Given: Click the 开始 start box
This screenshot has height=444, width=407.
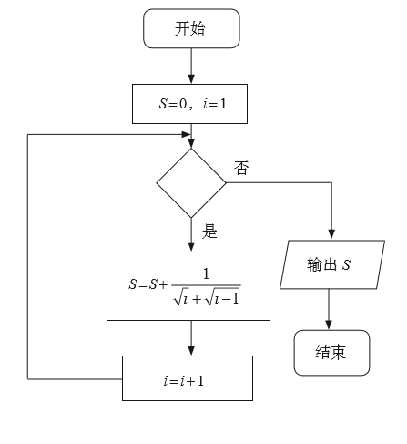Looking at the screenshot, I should [190, 28].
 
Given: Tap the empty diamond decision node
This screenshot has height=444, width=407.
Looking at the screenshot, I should [191, 183].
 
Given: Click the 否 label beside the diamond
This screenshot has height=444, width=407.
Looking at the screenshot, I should [241, 168].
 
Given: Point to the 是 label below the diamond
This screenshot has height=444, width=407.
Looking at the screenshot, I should [209, 232].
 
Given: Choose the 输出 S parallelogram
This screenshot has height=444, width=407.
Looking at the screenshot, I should [330, 264].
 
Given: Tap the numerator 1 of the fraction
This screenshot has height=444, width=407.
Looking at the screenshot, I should [206, 273].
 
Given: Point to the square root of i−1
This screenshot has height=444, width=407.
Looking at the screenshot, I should [222, 297].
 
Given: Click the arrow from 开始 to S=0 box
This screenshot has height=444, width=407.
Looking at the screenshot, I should [191, 65].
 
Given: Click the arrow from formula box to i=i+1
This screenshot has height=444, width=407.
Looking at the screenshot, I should [191, 337].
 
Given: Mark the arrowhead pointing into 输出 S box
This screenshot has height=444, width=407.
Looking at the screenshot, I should [330, 234].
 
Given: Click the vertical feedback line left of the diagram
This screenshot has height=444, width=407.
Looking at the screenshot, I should [28, 255].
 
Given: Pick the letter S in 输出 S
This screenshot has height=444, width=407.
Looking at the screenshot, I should [348, 264].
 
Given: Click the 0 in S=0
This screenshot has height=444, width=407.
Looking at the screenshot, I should [182, 105].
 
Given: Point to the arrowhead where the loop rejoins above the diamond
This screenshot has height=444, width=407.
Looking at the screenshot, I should [191, 142].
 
